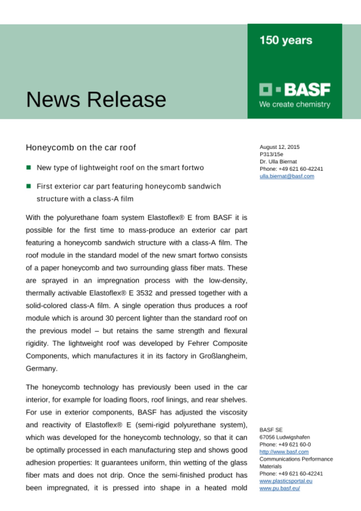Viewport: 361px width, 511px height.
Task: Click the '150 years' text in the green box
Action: [286, 40]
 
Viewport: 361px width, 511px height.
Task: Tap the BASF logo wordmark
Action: [307, 90]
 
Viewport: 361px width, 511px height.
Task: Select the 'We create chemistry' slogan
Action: [295, 104]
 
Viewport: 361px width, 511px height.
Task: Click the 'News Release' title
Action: [96, 99]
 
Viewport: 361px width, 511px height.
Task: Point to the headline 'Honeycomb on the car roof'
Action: [81, 147]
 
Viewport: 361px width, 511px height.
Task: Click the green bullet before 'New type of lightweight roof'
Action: [29, 168]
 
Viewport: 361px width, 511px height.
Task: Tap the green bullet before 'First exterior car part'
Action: [29, 186]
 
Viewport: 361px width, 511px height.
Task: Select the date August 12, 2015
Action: [280, 147]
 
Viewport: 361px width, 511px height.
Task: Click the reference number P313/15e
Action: [271, 154]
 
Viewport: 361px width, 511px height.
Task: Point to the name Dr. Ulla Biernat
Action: [278, 161]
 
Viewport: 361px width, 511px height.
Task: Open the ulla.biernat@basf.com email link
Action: [287, 176]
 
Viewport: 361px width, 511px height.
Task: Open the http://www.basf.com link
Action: [284, 452]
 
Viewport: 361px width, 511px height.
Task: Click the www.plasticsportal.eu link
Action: [286, 481]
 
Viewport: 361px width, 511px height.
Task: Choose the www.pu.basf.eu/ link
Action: [280, 488]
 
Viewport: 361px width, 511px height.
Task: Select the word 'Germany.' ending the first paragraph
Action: [42, 368]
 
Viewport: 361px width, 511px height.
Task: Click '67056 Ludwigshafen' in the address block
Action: [284, 437]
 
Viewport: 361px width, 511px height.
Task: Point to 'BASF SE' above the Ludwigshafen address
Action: [271, 430]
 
